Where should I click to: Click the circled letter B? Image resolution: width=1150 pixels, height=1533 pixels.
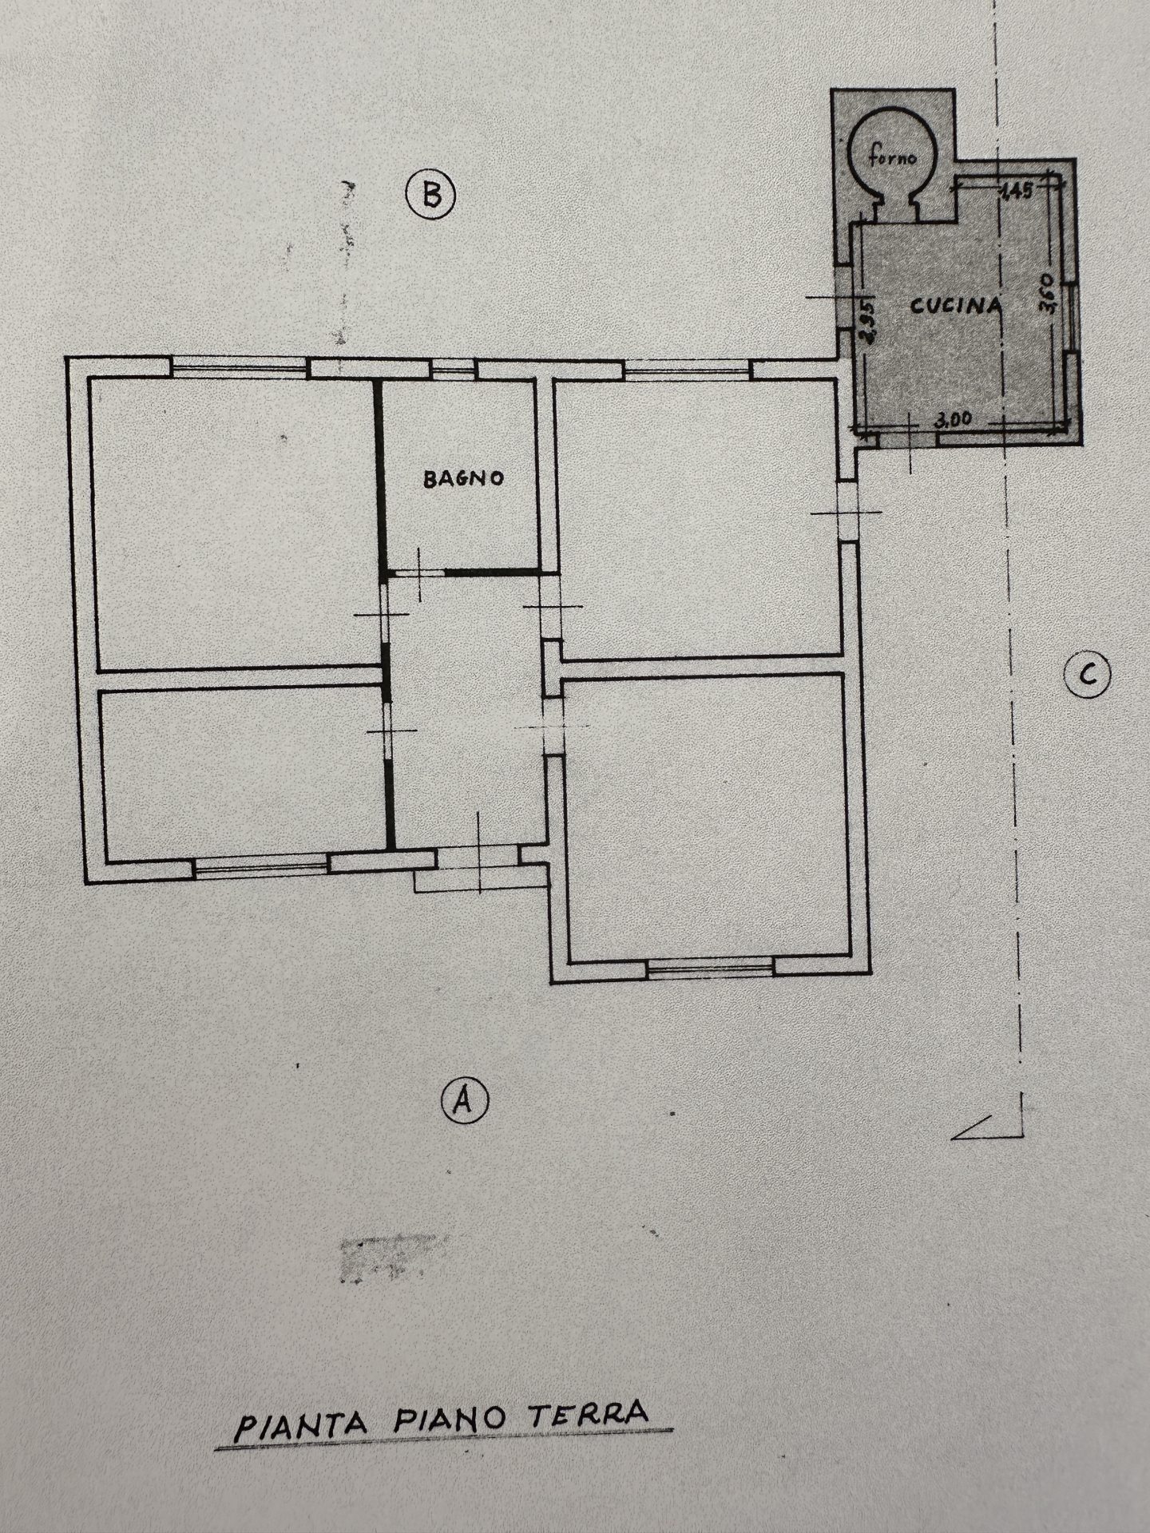(x=430, y=196)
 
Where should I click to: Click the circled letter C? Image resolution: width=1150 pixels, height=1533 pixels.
(x=1088, y=676)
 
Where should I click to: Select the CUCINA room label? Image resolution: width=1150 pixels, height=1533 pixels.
(x=956, y=305)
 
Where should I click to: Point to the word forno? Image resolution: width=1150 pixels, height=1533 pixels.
(x=893, y=157)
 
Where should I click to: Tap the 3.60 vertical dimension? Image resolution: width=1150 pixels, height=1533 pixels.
(x=1049, y=295)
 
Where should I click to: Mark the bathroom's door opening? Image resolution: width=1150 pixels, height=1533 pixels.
(x=420, y=572)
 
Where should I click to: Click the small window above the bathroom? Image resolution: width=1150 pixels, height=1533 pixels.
(x=453, y=367)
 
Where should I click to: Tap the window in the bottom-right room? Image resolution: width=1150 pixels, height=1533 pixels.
(x=710, y=967)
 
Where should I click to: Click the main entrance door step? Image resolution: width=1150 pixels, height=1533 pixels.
(x=478, y=881)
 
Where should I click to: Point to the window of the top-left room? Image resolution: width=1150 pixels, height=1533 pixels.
(x=240, y=368)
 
